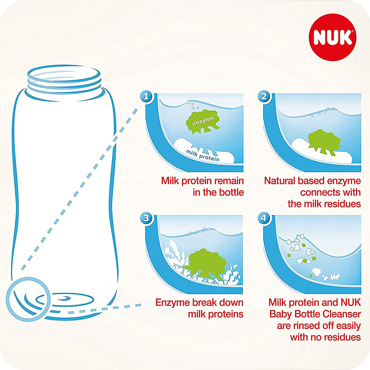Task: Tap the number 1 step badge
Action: click(x=146, y=96)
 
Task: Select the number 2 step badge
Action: click(x=264, y=96)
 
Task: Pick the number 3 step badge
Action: click(x=146, y=218)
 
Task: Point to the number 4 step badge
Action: click(x=264, y=218)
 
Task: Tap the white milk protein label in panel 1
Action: click(x=204, y=153)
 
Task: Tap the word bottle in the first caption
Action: click(x=231, y=192)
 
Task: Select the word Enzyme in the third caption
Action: click(x=173, y=302)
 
